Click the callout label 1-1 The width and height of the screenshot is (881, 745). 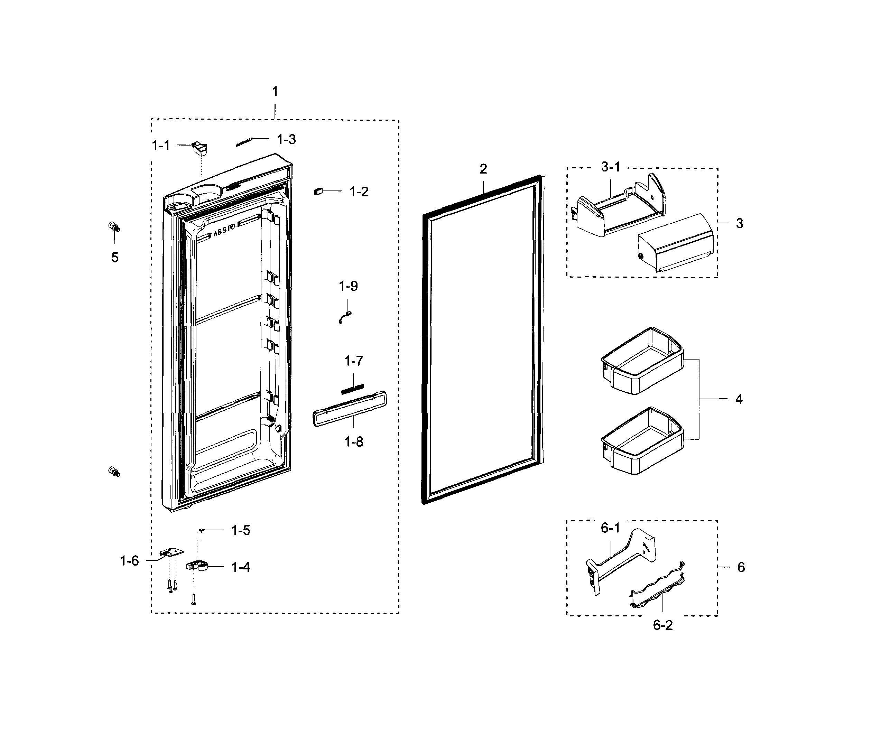click(x=161, y=145)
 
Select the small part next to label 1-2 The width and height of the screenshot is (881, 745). click(x=318, y=191)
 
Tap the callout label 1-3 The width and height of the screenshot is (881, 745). click(x=286, y=139)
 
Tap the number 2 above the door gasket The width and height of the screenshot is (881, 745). click(x=483, y=169)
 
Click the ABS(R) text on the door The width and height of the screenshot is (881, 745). click(x=224, y=231)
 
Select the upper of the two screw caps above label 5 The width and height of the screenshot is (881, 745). click(x=114, y=227)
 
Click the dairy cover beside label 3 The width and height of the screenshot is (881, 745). click(x=676, y=243)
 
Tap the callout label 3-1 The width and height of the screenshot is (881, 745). click(x=611, y=167)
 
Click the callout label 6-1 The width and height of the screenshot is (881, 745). click(x=610, y=528)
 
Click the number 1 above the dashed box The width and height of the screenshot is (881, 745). click(x=275, y=91)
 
